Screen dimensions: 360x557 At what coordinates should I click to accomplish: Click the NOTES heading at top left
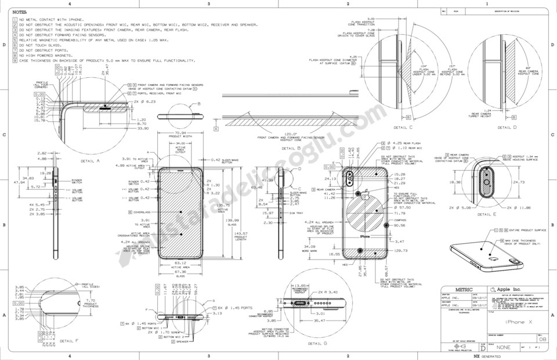point(19,12)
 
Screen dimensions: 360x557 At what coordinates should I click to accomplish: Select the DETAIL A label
point(91,160)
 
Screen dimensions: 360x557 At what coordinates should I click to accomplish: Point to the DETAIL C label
point(403,127)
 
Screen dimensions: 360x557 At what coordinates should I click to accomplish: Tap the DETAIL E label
point(486,214)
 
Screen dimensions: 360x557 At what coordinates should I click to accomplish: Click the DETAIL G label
point(317,343)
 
